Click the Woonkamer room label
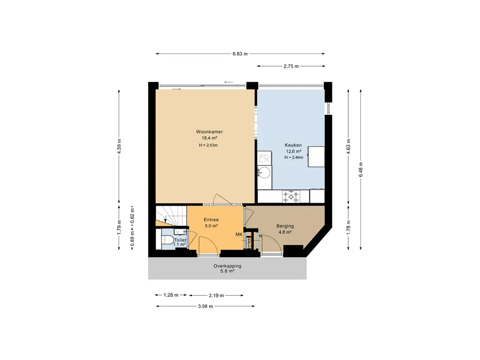point(210,132)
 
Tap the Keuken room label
point(293,145)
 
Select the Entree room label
point(211,220)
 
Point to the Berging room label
point(285,226)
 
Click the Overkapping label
point(227,266)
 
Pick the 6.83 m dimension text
point(240,54)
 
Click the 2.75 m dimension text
point(291,66)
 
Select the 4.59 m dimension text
point(120,147)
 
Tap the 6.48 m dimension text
point(360,169)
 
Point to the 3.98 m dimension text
point(205,306)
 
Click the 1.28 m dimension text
point(171,295)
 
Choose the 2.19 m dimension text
point(216,295)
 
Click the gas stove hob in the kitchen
point(291,196)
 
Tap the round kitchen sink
point(264,172)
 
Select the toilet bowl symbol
point(167,240)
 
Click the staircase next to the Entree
point(171,216)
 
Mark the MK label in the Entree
point(239,234)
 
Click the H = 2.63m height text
point(208,145)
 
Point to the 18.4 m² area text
point(210,138)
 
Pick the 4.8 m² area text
point(285,232)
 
